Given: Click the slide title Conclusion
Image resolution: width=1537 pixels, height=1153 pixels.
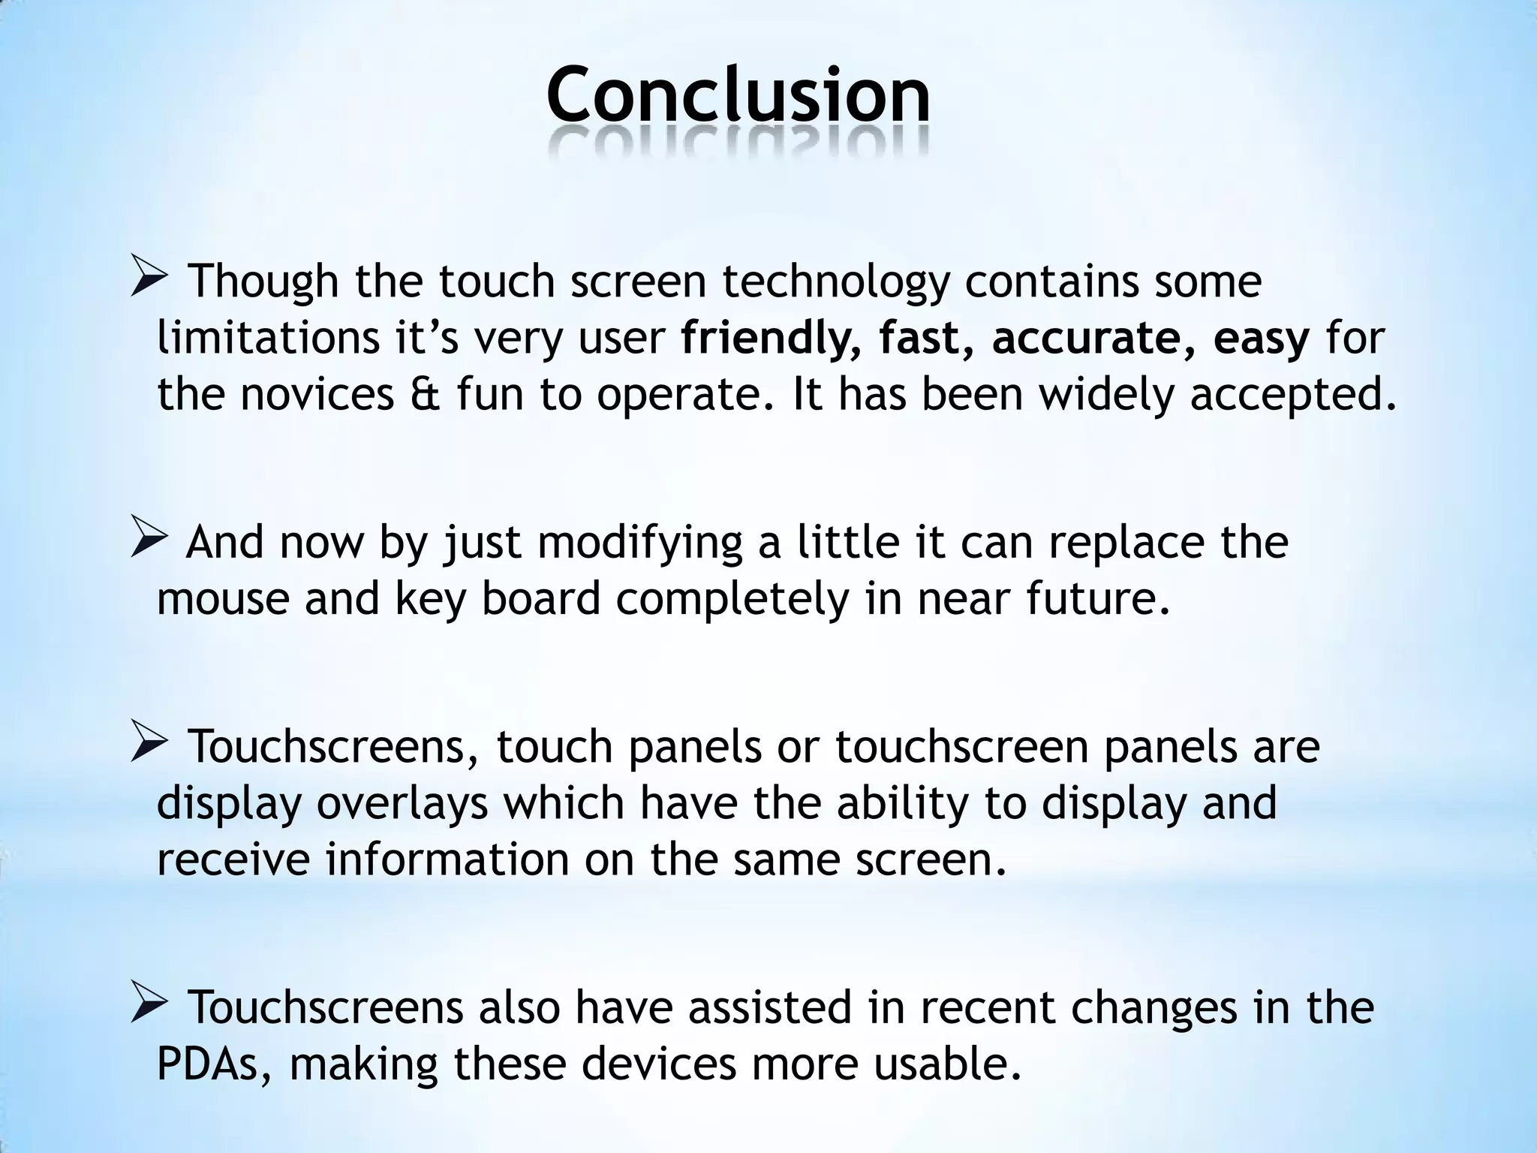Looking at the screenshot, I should pos(738,95).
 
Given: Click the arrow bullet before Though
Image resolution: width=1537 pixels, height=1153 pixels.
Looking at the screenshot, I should pos(152,276).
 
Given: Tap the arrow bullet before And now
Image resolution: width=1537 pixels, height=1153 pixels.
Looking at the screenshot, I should pos(152,537).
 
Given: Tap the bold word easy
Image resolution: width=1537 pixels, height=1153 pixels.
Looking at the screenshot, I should pos(1261,339).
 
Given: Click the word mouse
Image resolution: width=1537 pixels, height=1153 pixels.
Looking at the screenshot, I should pos(223,600).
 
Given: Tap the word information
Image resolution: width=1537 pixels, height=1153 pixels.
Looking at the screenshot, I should pos(447,859).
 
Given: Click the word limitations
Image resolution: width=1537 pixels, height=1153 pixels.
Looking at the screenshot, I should pos(269,339).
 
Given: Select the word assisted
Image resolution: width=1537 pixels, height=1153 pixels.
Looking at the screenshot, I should pos(770,1008).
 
